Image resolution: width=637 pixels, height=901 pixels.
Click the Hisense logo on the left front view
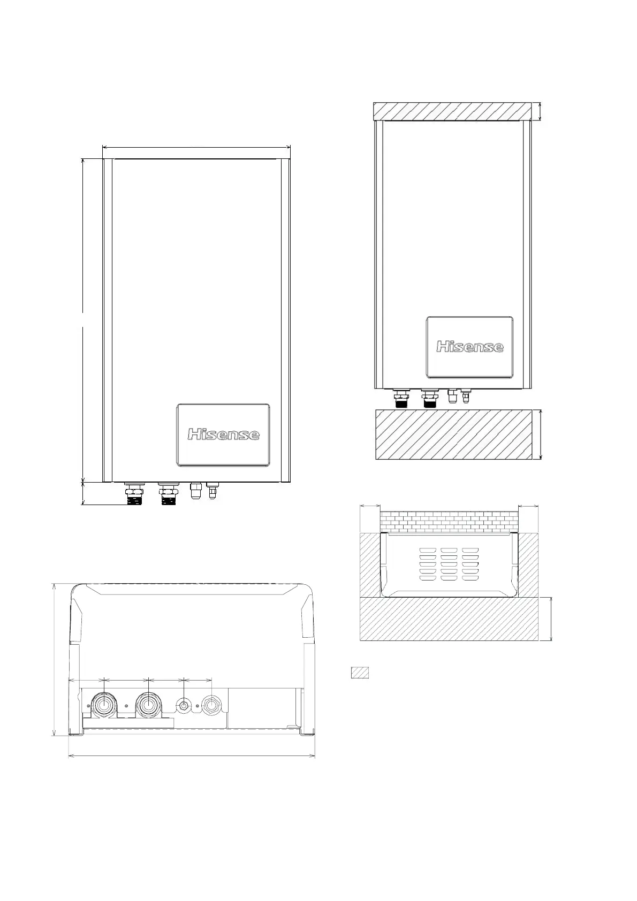pyautogui.click(x=223, y=434)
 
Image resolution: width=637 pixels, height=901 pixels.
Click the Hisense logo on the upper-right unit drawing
pyautogui.click(x=469, y=347)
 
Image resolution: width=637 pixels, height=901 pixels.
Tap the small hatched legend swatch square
pyautogui.click(x=360, y=673)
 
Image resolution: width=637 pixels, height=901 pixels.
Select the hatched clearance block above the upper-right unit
pyautogui.click(x=452, y=111)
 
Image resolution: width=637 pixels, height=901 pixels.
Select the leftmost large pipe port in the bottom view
pyautogui.click(x=103, y=706)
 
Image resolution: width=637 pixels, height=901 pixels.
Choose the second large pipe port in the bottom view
pyautogui.click(x=147, y=706)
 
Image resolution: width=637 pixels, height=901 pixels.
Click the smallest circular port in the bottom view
pyautogui.click(x=184, y=706)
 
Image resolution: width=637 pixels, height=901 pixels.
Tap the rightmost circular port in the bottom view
pyautogui.click(x=211, y=706)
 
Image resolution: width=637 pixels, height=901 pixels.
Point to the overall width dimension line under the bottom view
pyautogui.click(x=192, y=756)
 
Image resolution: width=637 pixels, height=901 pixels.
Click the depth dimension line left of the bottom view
pyautogui.click(x=55, y=659)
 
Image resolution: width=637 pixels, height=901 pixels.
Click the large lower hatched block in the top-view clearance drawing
pyautogui.click(x=449, y=619)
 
